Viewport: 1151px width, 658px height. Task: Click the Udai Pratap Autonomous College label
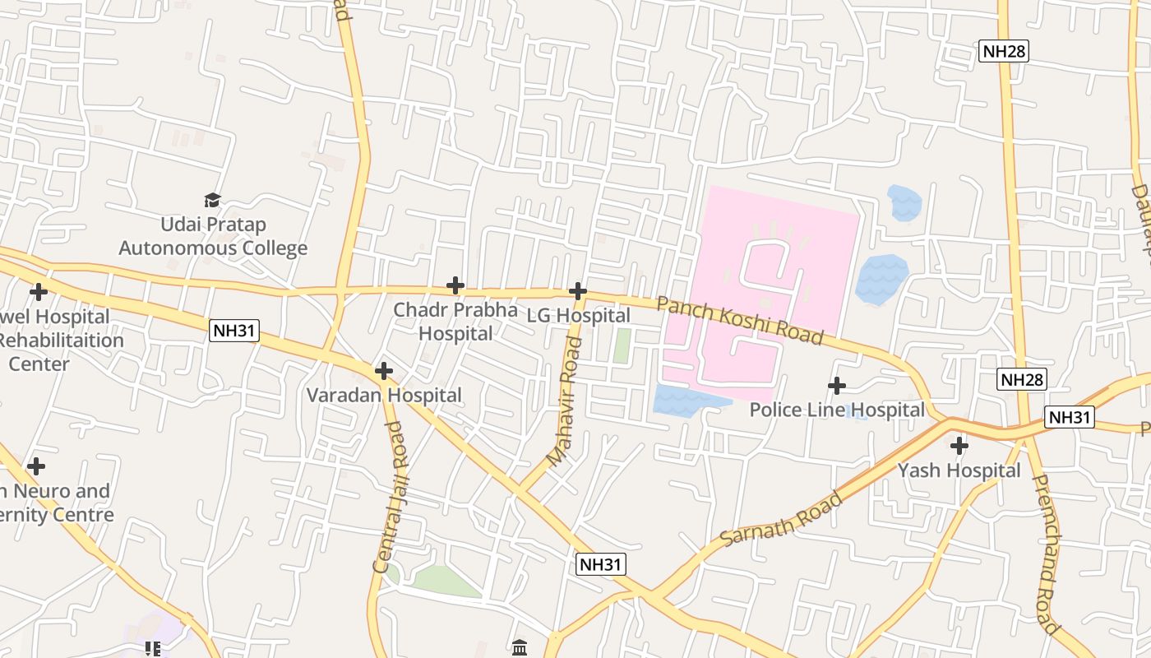213,236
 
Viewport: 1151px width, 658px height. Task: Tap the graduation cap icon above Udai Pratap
213,200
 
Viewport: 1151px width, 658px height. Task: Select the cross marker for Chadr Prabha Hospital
455,285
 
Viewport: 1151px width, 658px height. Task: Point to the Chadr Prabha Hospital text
455,322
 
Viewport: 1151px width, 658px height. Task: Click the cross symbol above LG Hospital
578,290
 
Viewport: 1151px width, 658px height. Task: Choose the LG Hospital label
579,316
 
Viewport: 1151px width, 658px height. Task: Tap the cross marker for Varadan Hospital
384,371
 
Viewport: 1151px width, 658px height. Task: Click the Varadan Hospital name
384,396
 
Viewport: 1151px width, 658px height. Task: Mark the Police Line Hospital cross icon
837,385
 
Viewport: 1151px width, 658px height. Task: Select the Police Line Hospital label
837,410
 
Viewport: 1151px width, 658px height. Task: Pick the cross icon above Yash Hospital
959,446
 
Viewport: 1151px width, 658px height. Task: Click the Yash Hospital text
959,470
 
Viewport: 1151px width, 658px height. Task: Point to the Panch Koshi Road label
740,321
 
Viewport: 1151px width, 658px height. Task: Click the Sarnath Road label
782,518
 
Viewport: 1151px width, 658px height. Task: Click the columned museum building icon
520,648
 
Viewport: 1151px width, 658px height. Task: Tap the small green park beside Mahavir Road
622,345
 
